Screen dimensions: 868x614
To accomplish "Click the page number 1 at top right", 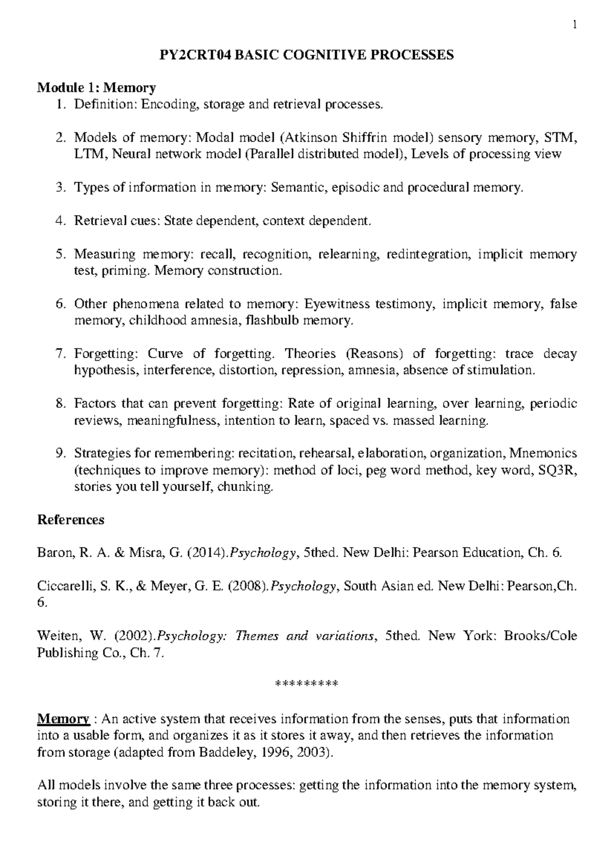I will (x=575, y=24).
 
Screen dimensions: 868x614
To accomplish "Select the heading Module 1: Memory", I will (x=97, y=88).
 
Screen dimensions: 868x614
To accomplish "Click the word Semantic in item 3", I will (x=298, y=187).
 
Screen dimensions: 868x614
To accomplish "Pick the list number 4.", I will (x=61, y=221).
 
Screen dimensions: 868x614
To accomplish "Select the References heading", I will (x=71, y=520).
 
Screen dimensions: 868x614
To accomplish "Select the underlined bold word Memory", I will (x=63, y=719).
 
